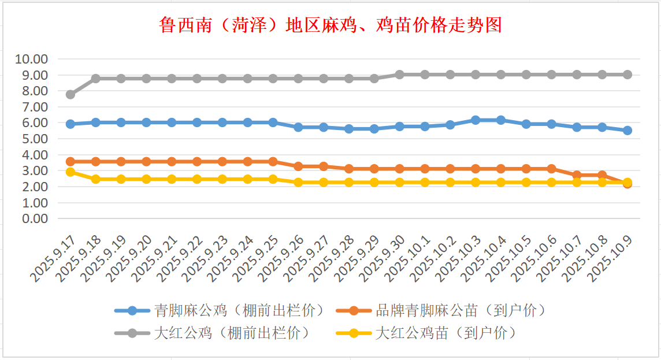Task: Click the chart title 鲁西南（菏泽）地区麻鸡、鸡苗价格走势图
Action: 330,25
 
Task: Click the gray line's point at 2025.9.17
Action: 70,94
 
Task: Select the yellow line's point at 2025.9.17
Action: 70,172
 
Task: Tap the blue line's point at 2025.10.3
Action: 476,120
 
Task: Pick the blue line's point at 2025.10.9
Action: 627,131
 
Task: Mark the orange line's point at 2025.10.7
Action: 577,175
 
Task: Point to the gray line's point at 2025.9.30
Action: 399,75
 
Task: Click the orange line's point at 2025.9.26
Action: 298,166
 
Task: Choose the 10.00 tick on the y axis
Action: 32,59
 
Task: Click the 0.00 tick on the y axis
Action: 34,218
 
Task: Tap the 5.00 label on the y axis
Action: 34,139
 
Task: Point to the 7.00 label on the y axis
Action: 34,107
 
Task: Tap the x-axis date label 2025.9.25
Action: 255,259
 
